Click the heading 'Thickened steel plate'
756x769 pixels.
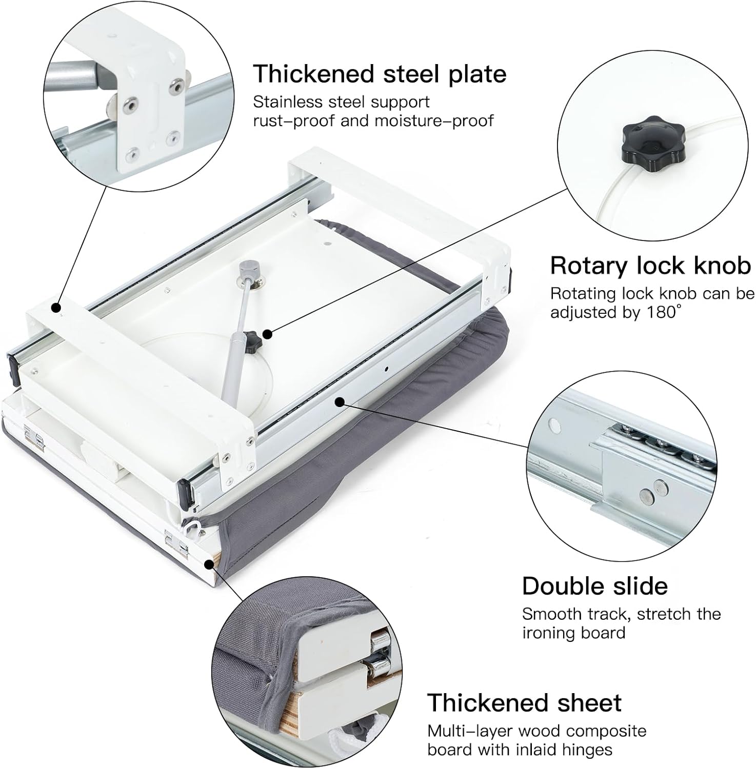point(380,74)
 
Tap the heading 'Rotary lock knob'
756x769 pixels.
point(650,266)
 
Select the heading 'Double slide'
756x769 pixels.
point(595,586)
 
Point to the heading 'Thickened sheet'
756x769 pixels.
point(524,703)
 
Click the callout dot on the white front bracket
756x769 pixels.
point(56,308)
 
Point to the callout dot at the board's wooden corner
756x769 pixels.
point(209,564)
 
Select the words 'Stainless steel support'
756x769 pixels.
point(341,102)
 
